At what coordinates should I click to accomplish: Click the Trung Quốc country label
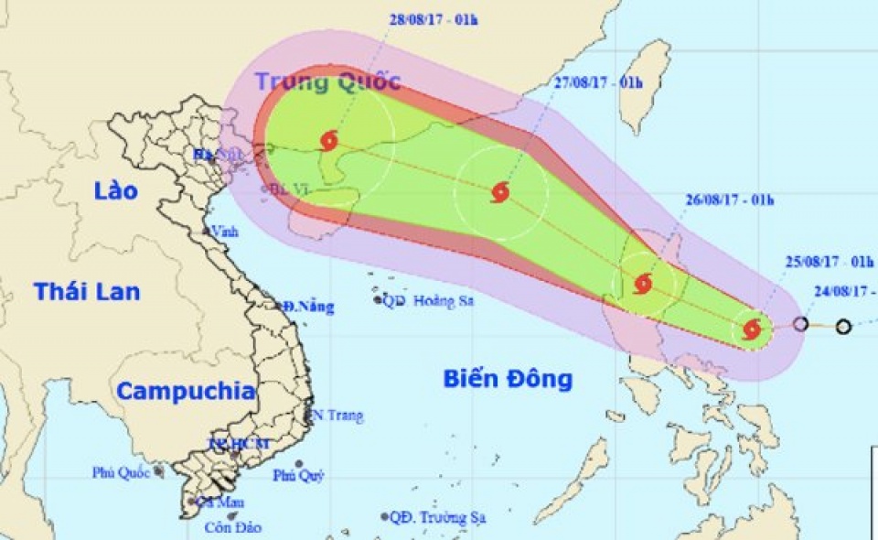pos(327,81)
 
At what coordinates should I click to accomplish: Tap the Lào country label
pos(115,191)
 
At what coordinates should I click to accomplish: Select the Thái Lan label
pos(88,292)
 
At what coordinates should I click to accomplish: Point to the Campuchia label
pos(186,392)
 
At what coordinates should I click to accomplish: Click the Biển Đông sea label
pos(509,378)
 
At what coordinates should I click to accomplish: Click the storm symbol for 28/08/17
pos(329,141)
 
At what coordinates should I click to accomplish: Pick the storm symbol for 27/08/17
pos(500,192)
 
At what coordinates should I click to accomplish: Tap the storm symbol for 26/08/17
pos(643,283)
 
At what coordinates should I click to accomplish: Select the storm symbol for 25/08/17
pos(752,329)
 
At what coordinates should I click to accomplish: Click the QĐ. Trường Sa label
pos(437,518)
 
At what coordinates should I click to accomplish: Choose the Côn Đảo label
pos(232,527)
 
